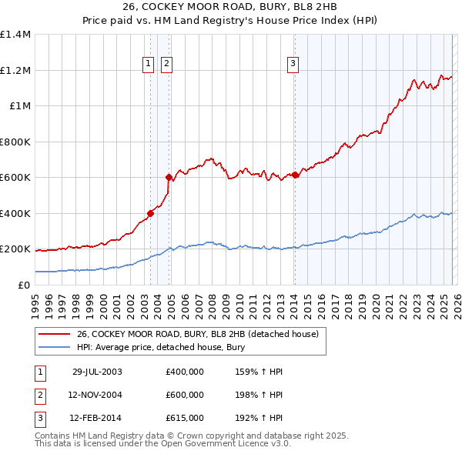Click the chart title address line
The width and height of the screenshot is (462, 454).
point(231,8)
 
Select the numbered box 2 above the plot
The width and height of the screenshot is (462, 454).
point(167,64)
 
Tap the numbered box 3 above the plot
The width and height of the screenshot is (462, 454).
point(293,64)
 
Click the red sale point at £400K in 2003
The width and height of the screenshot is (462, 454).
point(151,214)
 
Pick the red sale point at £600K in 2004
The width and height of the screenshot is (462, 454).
point(169,178)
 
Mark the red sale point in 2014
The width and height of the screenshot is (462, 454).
point(295,175)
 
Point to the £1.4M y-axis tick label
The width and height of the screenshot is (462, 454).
point(15,35)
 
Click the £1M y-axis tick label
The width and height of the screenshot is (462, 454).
point(19,106)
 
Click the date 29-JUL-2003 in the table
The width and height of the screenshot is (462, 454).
point(97,372)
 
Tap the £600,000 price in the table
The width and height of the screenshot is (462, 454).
point(185,395)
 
